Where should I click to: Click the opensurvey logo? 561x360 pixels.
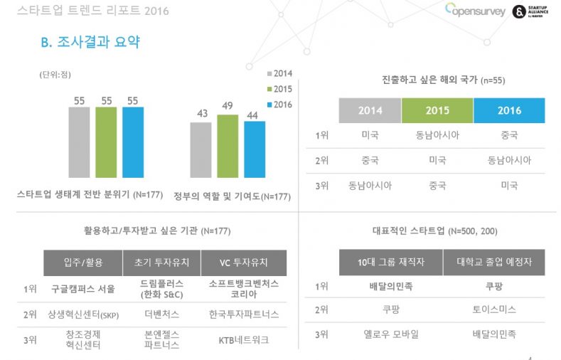pyautogui.click(x=475, y=11)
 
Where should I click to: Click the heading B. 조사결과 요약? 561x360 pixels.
pyautogui.click(x=90, y=43)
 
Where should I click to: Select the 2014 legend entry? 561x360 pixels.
pyautogui.click(x=278, y=73)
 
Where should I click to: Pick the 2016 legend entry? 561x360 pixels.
pyautogui.click(x=278, y=105)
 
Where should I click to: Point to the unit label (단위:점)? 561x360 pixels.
pyautogui.click(x=55, y=75)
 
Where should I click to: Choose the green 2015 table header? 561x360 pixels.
pyautogui.click(x=437, y=110)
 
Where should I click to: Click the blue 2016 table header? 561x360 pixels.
pyautogui.click(x=509, y=110)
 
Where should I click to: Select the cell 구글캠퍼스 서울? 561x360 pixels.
pyautogui.click(x=82, y=288)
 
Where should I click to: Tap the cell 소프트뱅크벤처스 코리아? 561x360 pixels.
pyautogui.click(x=244, y=288)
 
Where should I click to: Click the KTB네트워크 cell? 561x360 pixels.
pyautogui.click(x=244, y=339)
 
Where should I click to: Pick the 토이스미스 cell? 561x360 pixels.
pyautogui.click(x=494, y=309)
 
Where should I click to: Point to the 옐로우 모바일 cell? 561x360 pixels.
pyautogui.click(x=391, y=334)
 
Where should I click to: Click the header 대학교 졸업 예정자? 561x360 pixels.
pyautogui.click(x=494, y=263)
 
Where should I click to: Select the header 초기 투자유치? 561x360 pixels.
pyautogui.click(x=162, y=263)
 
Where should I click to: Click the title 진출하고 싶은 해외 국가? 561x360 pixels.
pyautogui.click(x=443, y=80)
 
